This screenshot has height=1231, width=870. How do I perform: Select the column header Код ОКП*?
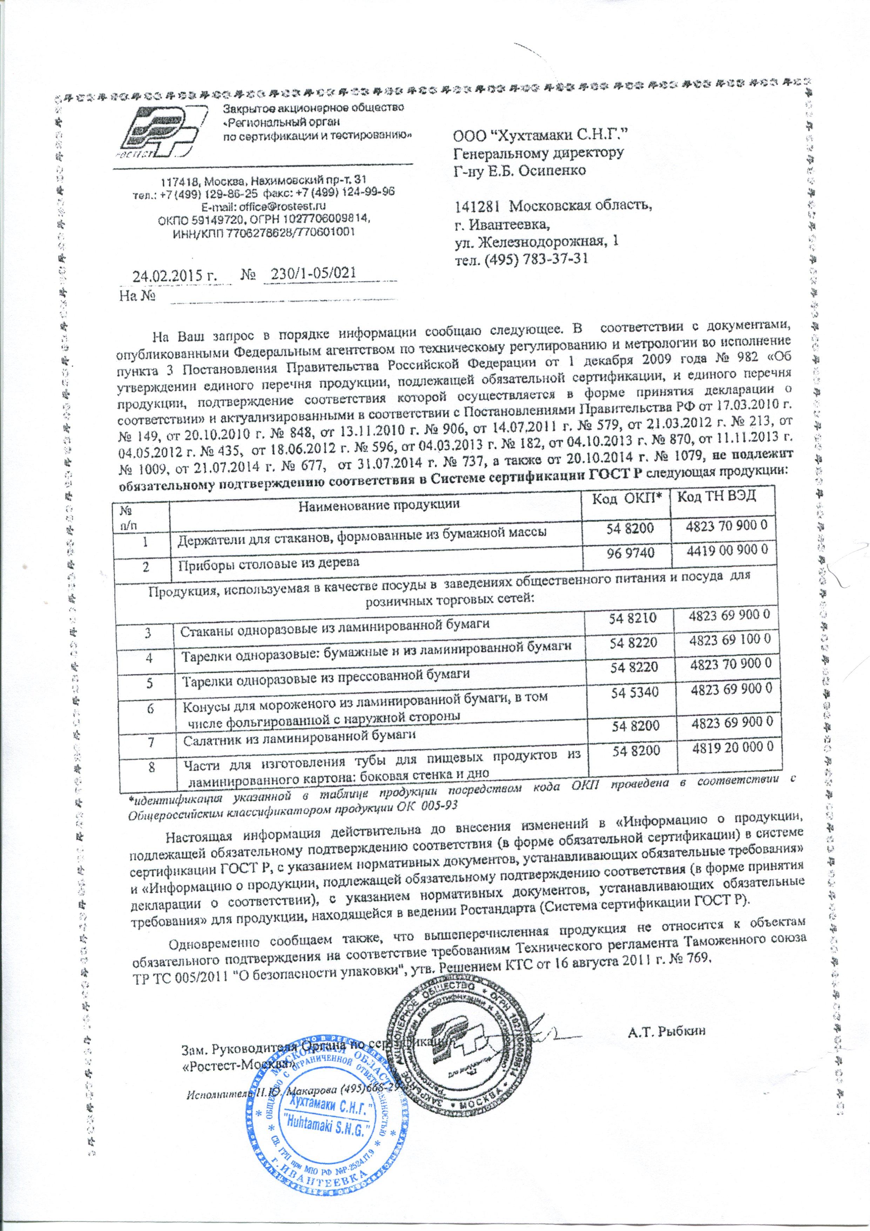tap(625, 497)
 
